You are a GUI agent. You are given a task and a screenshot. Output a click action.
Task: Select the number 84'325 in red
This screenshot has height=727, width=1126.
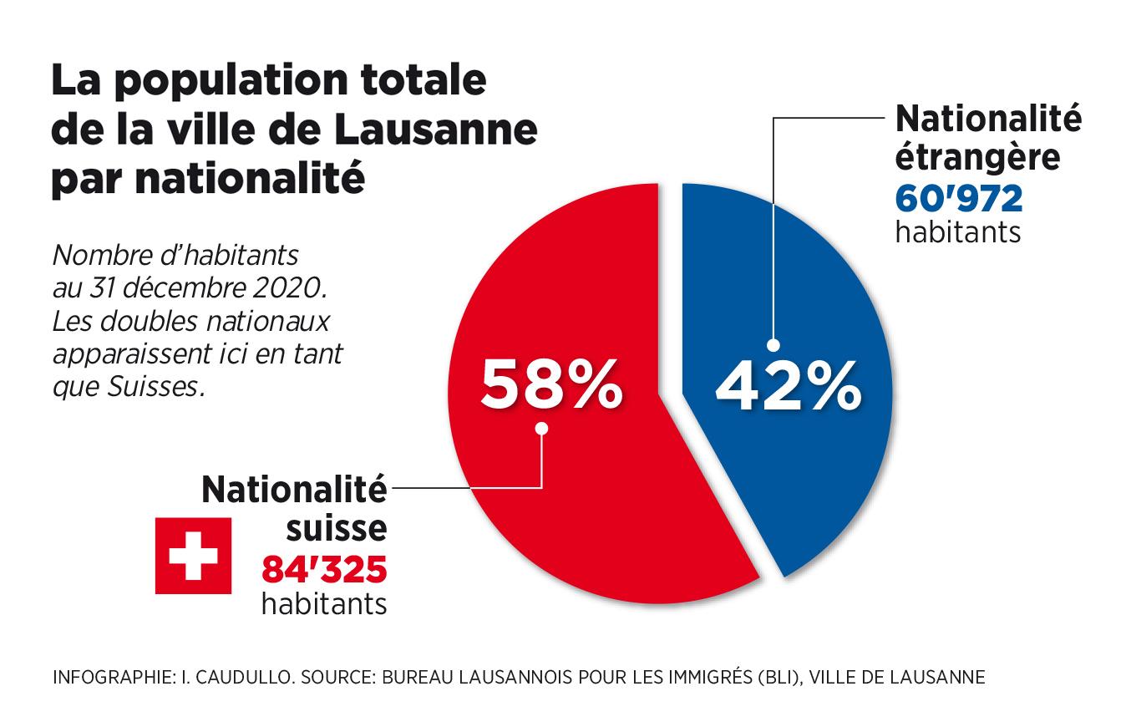pos(324,570)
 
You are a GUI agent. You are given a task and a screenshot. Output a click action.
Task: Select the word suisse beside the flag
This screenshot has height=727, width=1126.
pos(337,527)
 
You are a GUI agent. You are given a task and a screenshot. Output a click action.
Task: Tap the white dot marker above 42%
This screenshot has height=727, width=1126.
pos(773,344)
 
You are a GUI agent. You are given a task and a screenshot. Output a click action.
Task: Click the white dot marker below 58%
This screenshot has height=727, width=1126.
pos(541,429)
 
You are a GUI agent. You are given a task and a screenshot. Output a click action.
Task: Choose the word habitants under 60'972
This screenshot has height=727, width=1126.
pos(957,231)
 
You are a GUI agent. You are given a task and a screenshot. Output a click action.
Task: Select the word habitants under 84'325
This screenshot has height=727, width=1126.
pos(324,603)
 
